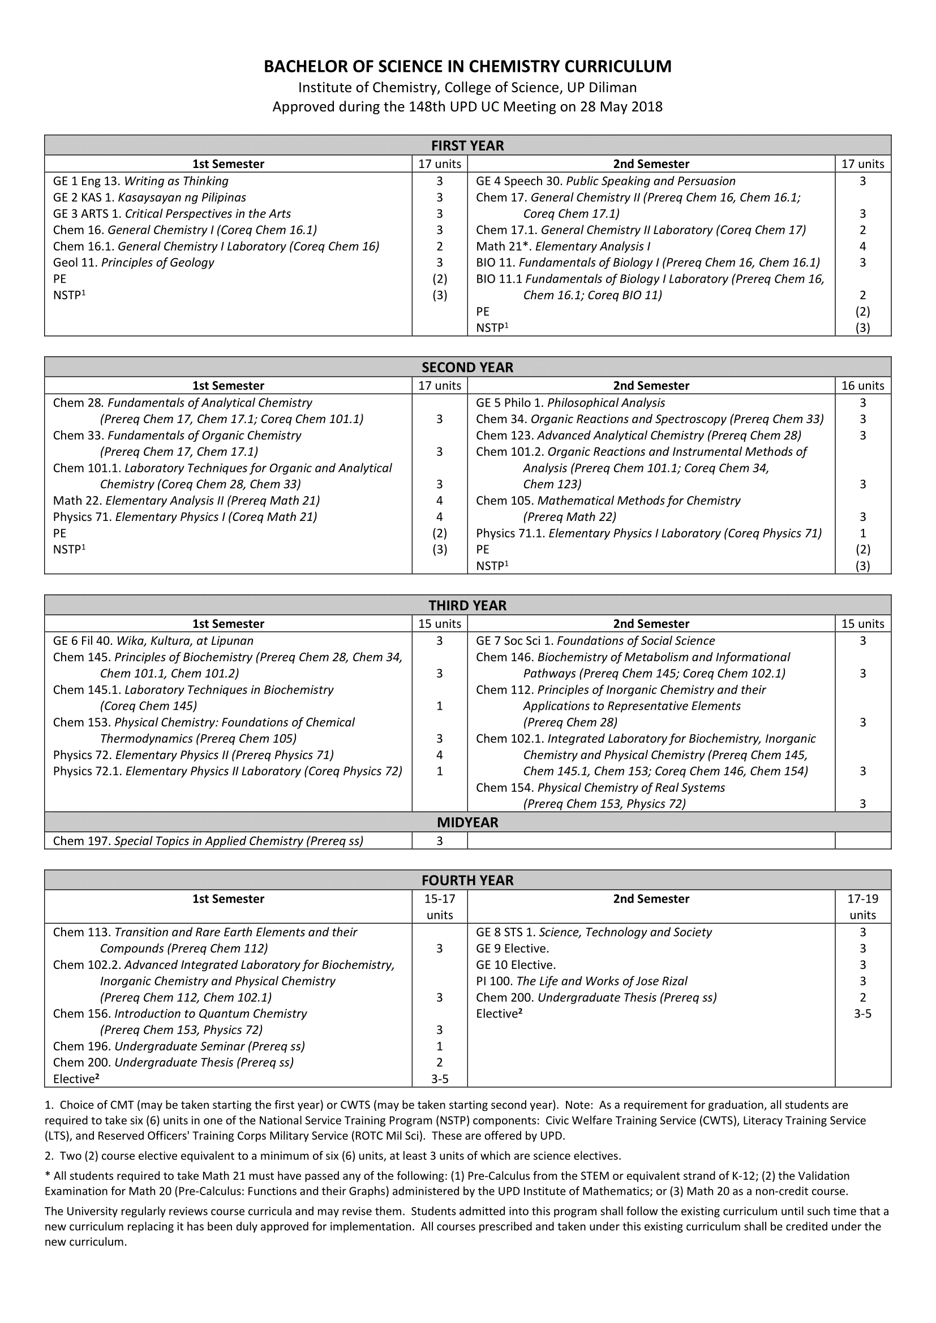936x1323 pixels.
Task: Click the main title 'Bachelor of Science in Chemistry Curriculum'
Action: [x=467, y=67]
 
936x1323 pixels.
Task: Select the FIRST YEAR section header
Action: [x=467, y=145]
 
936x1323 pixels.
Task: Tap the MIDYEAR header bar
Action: [x=467, y=822]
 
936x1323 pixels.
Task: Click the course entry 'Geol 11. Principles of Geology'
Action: [x=133, y=263]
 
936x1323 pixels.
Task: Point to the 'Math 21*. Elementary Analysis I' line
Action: [x=563, y=247]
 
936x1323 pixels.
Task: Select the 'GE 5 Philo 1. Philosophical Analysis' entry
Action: [x=570, y=403]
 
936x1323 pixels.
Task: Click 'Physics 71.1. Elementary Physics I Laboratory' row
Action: [x=649, y=533]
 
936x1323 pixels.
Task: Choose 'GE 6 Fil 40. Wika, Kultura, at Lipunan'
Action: [x=153, y=641]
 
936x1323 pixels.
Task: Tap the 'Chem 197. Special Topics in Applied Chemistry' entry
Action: [x=208, y=841]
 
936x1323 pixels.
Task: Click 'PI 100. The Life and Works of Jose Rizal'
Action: [x=582, y=981]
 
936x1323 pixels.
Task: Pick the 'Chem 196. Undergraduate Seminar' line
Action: [x=179, y=1046]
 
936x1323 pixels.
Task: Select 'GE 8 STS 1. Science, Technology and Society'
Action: [x=594, y=932]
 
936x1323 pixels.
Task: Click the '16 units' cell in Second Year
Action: [x=862, y=386]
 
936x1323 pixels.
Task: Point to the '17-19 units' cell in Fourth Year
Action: [x=862, y=906]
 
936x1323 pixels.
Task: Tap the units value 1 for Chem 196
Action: [x=440, y=1046]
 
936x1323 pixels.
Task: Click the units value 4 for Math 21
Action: [x=862, y=247]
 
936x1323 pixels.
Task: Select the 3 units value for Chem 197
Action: [x=440, y=841]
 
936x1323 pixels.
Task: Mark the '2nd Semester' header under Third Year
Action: [x=651, y=623]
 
